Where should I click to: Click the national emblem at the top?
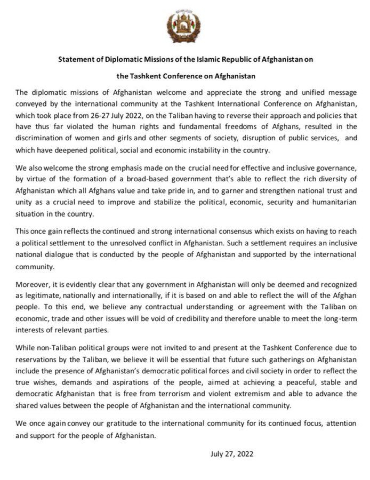coord(183,27)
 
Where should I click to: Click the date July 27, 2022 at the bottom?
coord(232,454)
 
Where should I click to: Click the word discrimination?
coord(34,138)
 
